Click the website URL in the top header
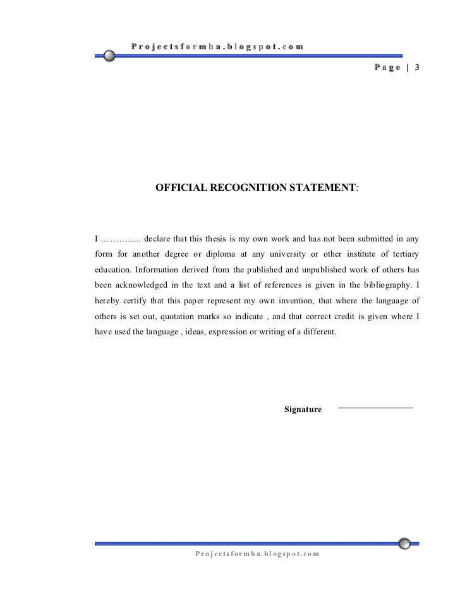coord(217,46)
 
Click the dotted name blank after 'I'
coord(121,240)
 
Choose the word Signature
coord(303,410)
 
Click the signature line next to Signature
coord(375,408)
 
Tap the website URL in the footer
coord(257,554)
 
